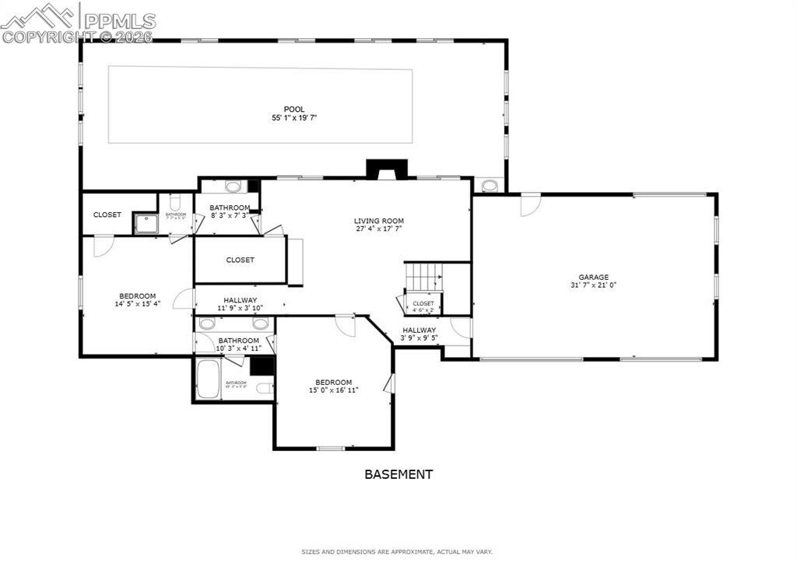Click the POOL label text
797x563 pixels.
tap(293, 109)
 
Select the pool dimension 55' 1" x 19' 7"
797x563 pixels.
tap(293, 118)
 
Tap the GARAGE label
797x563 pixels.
tap(593, 277)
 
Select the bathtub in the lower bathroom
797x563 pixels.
tap(207, 379)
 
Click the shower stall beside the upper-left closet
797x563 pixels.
tap(145, 223)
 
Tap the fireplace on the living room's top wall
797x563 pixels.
tap(381, 170)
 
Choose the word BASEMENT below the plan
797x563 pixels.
tap(398, 474)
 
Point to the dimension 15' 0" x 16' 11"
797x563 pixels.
tap(333, 390)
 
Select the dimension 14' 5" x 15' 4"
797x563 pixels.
tap(137, 304)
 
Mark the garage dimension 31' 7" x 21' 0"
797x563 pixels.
tap(593, 285)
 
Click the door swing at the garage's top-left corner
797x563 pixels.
tap(530, 204)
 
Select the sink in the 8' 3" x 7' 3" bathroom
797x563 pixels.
tap(232, 187)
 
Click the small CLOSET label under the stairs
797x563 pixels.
tap(423, 303)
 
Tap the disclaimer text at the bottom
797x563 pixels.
tap(397, 552)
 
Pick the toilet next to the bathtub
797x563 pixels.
tap(265, 387)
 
